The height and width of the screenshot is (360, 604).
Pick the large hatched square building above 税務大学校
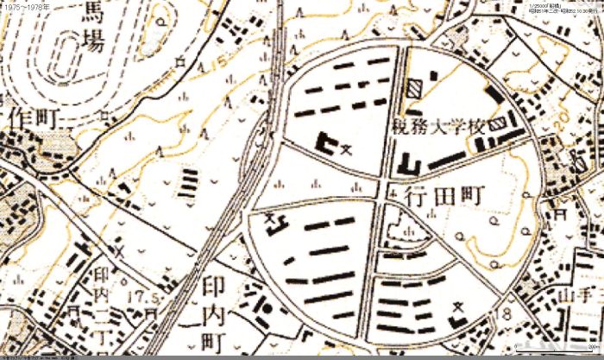point(417,88)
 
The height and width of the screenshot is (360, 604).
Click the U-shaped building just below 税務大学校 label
point(409,164)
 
